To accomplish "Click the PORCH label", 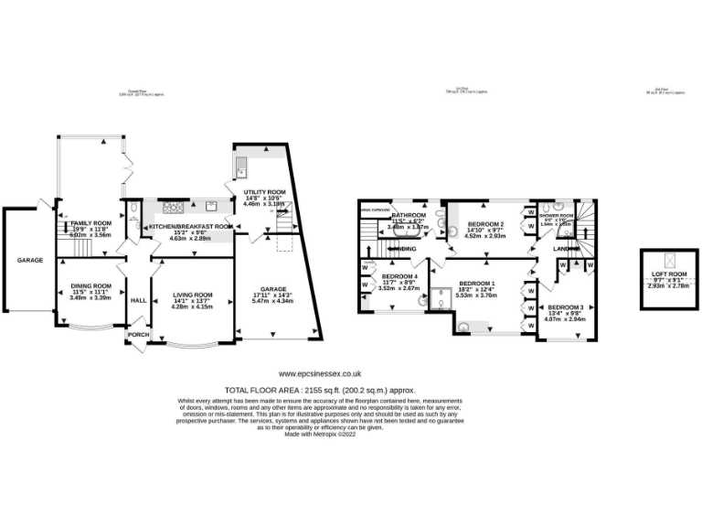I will pyautogui.click(x=138, y=335).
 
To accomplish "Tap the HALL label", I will pyautogui.click(x=139, y=300).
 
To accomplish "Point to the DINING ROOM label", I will pyautogui.click(x=90, y=285).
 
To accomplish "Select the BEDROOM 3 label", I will pyautogui.click(x=566, y=307).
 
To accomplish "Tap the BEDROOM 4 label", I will pyautogui.click(x=399, y=276).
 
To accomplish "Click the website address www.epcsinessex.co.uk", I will pyautogui.click(x=320, y=373).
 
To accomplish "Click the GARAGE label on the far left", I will pyautogui.click(x=29, y=260).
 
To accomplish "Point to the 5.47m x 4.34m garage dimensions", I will pyautogui.click(x=272, y=301).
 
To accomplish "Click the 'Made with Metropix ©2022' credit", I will pyautogui.click(x=320, y=436).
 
